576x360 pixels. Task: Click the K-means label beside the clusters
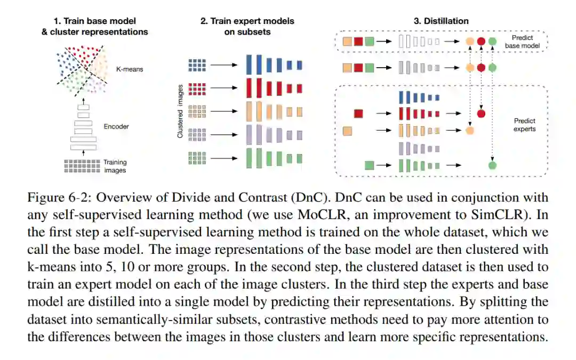[x=130, y=69]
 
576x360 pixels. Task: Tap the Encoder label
[x=117, y=127]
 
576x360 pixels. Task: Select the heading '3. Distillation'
[x=441, y=21]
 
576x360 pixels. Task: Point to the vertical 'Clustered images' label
[x=181, y=111]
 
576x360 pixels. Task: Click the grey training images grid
[x=82, y=165]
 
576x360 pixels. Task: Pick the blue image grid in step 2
[x=197, y=65]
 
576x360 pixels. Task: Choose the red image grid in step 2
[x=197, y=88]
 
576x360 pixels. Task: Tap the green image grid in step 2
[x=197, y=158]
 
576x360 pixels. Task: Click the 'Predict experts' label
[x=524, y=125]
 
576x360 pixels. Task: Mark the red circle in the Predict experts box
[x=481, y=113]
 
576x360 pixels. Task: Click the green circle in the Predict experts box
[x=492, y=165]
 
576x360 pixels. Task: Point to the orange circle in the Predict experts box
[x=469, y=130]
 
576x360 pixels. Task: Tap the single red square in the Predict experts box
[x=359, y=113]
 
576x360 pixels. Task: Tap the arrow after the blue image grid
[x=224, y=65]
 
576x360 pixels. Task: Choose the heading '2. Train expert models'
[x=247, y=21]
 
